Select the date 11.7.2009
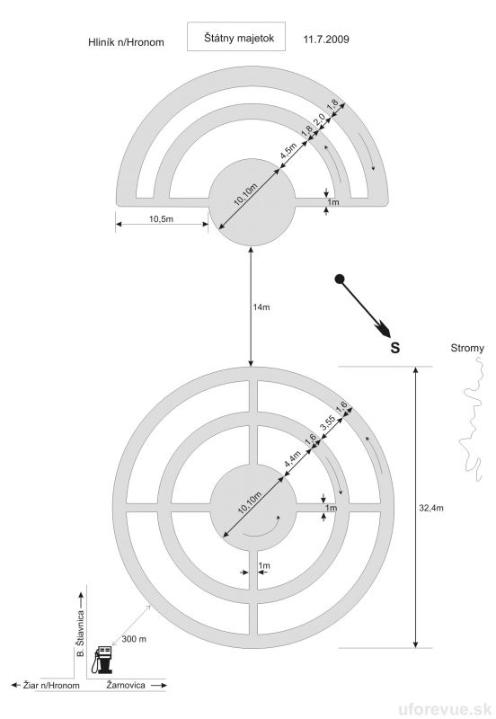pos(326,39)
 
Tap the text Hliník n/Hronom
pos(126,42)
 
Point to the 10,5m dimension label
pos(162,218)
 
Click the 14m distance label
pos(261,307)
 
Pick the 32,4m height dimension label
pos(431,508)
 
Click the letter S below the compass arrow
pos(395,348)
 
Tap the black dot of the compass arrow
pos(340,278)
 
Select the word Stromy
pos(467,348)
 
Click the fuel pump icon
pos(102,660)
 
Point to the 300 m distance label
pos(134,639)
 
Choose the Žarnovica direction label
pos(126,685)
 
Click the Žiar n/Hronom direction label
pos(51,686)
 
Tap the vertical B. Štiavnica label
pos(81,633)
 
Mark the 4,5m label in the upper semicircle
pos(288,151)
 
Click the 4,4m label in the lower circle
pos(293,459)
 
